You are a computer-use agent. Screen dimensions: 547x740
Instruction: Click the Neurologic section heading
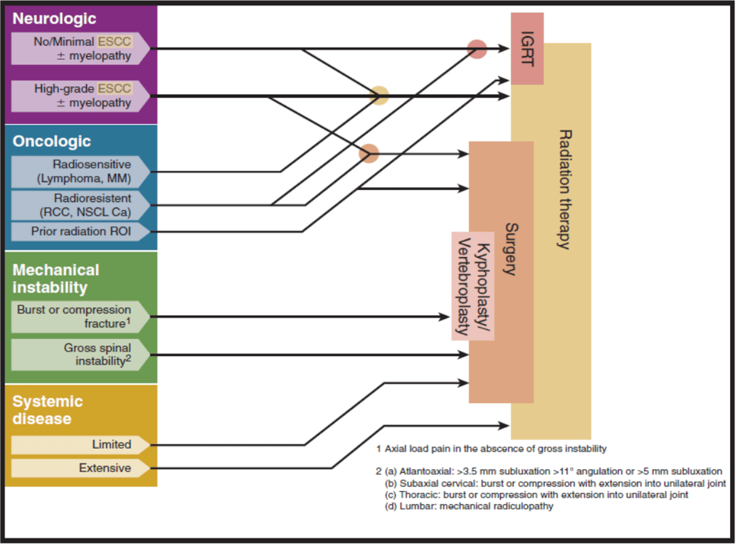coord(55,18)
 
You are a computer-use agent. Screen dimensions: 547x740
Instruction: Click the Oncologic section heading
coord(52,141)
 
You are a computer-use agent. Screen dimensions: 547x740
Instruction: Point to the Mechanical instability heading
coord(55,278)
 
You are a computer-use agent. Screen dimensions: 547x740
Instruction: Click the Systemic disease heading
coord(47,410)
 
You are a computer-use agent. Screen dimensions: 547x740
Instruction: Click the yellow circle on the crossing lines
coord(379,95)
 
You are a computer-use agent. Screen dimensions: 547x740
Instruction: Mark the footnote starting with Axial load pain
coord(491,449)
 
